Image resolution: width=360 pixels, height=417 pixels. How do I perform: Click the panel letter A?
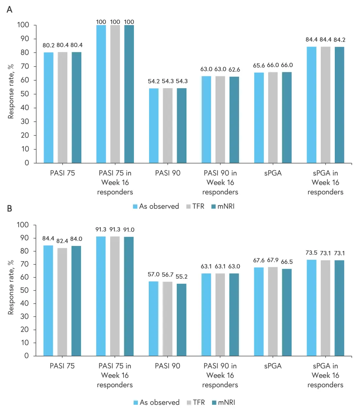point(10,10)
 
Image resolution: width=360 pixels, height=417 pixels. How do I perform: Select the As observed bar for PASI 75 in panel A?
point(49,108)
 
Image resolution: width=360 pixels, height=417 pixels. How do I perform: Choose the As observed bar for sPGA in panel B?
point(259,311)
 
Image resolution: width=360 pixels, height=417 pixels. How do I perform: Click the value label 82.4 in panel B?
point(62,241)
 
